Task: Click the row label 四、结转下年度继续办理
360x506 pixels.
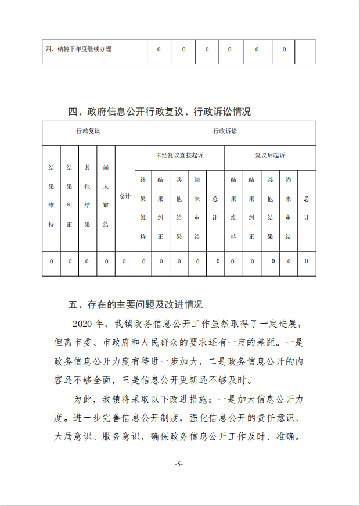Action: click(78, 49)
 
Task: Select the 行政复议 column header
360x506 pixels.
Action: click(88, 131)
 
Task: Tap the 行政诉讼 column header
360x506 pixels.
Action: click(225, 131)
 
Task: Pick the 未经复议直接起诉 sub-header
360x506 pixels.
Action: click(179, 156)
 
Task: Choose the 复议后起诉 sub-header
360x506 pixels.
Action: click(270, 156)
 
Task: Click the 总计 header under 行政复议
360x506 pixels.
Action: click(124, 196)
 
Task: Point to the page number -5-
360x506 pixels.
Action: click(179, 464)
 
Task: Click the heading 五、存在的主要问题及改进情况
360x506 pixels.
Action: click(135, 304)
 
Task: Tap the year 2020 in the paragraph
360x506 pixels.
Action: click(83, 323)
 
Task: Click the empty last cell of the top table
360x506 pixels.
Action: click(305, 51)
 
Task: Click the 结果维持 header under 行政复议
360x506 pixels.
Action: click(51, 196)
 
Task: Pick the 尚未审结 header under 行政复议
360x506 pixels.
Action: click(106, 196)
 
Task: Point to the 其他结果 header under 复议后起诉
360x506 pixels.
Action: click(270, 208)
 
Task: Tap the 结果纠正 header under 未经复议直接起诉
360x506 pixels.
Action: click(161, 208)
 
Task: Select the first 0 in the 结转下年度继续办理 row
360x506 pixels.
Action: click(159, 49)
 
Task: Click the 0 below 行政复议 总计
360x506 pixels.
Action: click(124, 261)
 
